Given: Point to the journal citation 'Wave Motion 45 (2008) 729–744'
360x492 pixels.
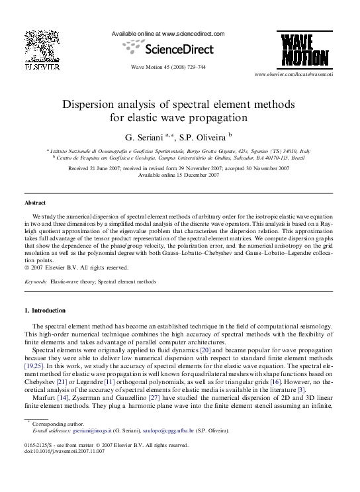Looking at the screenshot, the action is tap(168, 67).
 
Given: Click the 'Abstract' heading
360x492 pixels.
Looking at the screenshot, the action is tap(35, 203).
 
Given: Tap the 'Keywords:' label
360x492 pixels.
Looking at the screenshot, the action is tap(36, 281).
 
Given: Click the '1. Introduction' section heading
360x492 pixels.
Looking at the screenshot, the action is tap(45, 310).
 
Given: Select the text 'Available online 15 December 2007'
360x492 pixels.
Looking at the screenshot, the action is tap(179, 175).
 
